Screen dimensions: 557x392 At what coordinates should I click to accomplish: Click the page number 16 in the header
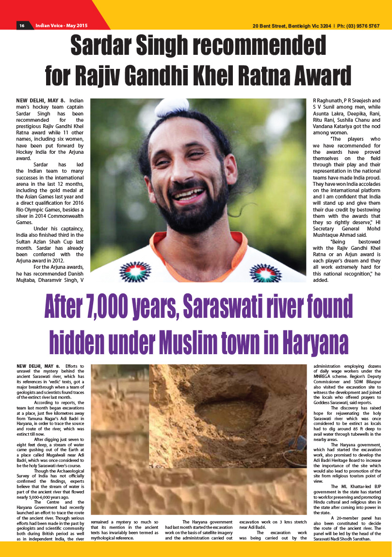[22, 26]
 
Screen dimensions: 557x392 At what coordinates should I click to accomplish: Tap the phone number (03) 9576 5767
[359, 26]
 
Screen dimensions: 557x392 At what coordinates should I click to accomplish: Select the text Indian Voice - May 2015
[65, 26]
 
